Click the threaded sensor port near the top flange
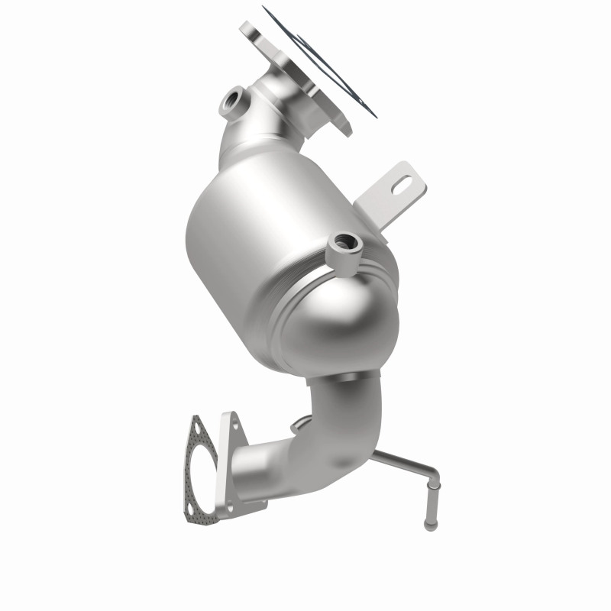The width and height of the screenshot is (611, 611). pyautogui.click(x=232, y=100)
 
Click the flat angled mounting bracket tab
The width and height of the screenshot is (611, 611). pyautogui.click(x=390, y=195)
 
